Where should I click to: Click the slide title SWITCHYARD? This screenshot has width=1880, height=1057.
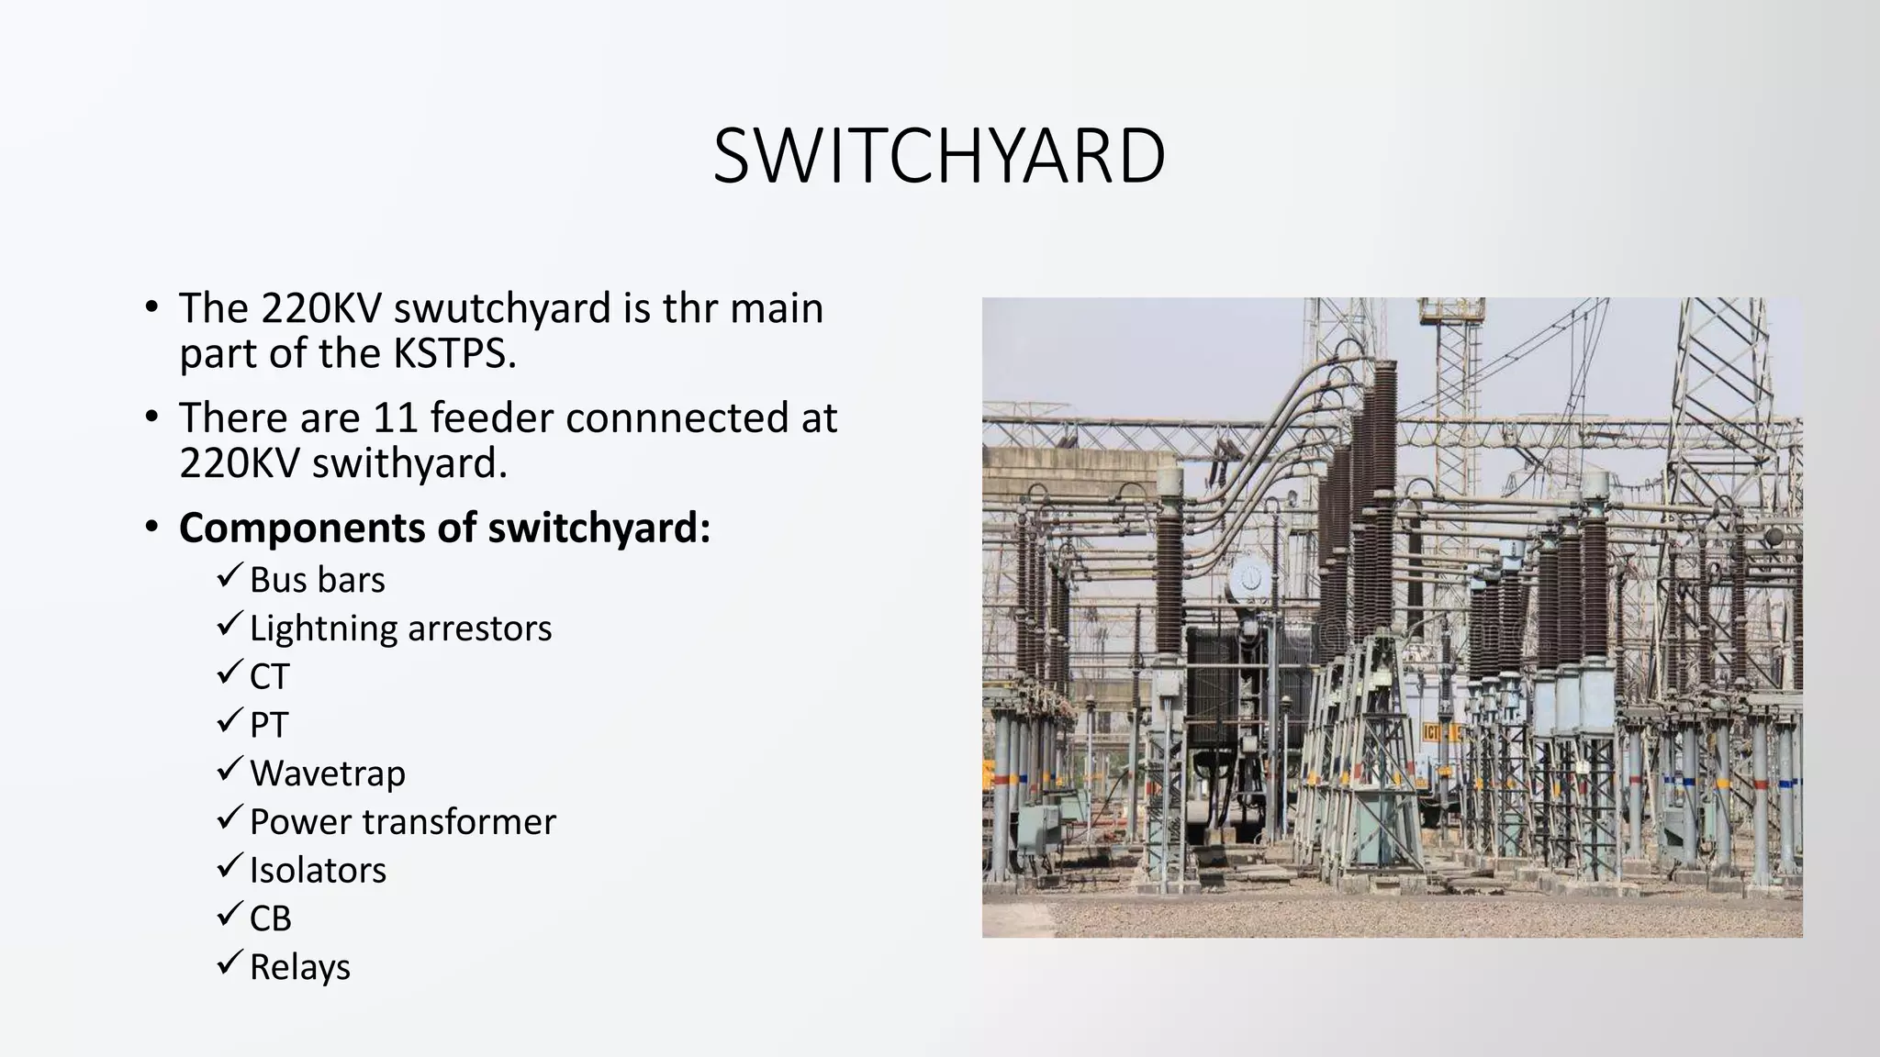938,156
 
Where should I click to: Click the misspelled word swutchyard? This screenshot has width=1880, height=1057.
502,308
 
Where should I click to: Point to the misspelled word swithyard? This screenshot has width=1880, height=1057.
409,463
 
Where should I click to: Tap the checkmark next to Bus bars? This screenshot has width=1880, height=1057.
229,577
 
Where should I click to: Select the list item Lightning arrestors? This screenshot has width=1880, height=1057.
400,629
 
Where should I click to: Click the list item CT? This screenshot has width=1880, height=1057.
269,677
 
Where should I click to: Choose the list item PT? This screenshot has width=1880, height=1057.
269,726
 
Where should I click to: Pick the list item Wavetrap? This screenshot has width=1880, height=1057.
327,773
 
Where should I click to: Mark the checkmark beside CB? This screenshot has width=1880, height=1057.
229,915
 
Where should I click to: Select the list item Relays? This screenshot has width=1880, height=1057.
299,967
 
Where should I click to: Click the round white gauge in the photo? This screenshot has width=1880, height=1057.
1249,578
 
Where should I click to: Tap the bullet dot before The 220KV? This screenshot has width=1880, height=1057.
151,308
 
